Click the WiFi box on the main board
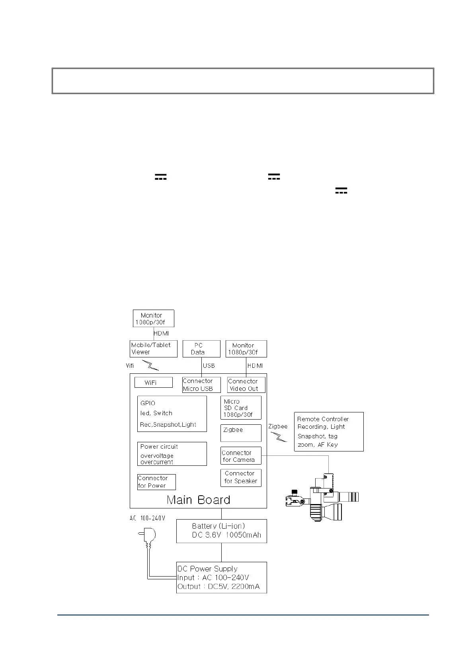[153, 383]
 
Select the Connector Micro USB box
[201, 385]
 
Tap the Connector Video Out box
[246, 385]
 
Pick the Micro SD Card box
[241, 408]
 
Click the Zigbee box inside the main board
[241, 433]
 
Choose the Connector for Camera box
[241, 456]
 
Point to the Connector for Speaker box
[241, 477]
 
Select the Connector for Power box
[156, 482]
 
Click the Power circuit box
[172, 454]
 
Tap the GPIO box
[172, 414]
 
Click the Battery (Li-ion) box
[221, 531]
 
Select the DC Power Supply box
[221, 577]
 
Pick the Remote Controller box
[329, 432]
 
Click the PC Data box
[201, 349]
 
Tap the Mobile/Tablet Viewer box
[153, 349]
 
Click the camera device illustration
[322, 498]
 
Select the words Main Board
[198, 500]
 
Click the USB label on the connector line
[209, 365]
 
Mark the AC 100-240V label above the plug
[147, 518]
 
